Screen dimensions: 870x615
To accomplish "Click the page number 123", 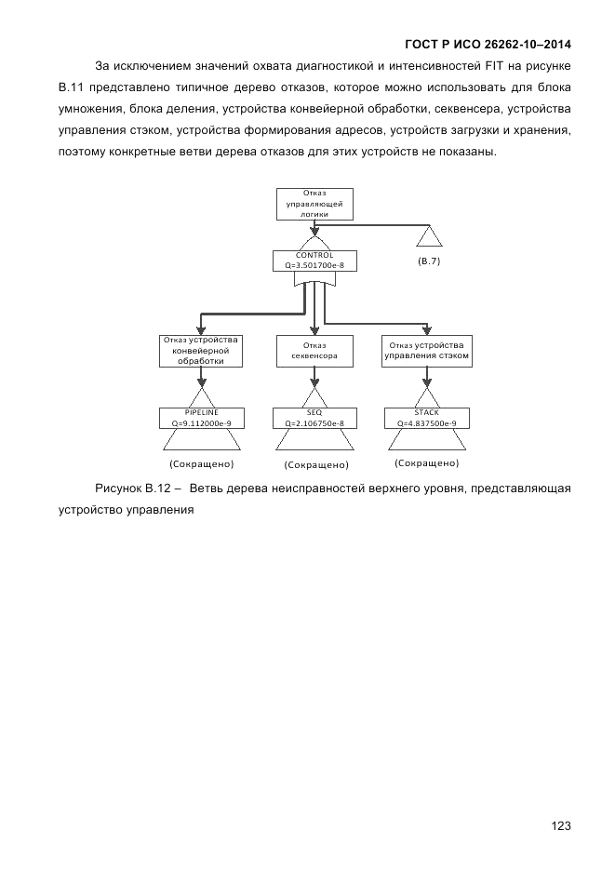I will coord(559,825).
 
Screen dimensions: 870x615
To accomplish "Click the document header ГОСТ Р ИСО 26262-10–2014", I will coord(488,44).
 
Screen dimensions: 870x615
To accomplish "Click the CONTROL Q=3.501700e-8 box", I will coord(314,261).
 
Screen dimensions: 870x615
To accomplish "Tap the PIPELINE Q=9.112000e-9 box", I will coord(201,418).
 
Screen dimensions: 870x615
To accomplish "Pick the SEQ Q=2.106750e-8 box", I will coord(314,418).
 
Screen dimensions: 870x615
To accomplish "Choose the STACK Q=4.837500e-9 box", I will coord(426,418).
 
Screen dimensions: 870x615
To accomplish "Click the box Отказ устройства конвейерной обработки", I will coord(201,350).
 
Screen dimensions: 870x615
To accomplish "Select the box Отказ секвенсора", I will coord(314,351).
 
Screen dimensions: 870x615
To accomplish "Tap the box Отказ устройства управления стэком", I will coord(426,351).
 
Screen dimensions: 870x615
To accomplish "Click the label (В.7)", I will coord(429,261).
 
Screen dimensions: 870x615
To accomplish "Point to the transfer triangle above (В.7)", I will coord(429,236).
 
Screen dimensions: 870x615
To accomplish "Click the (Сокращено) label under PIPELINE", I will coord(201,463).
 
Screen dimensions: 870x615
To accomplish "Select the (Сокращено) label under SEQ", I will coord(316,464).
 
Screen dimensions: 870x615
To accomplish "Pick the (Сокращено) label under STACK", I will coord(427,462).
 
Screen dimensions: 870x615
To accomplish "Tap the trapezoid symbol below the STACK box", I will coord(426,441).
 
